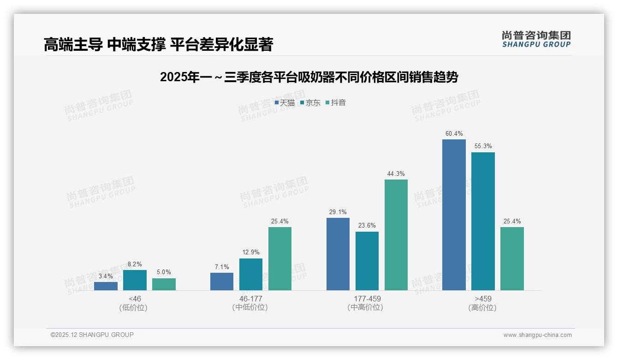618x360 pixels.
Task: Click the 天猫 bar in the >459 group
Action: click(454, 215)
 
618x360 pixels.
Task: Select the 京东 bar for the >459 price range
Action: click(483, 221)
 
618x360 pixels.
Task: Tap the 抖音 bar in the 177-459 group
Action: click(396, 234)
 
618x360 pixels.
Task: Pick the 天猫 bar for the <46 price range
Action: click(106, 286)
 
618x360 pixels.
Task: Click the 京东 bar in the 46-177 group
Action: click(251, 274)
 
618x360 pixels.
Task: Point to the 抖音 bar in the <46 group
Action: click(164, 284)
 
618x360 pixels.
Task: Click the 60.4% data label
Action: click(454, 134)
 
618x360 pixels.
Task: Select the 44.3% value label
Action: click(396, 174)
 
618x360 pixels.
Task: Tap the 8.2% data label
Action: click(135, 264)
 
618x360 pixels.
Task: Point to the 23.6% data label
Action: click(367, 226)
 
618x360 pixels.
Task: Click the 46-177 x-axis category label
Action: click(250, 299)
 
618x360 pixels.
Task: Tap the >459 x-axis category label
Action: click(482, 299)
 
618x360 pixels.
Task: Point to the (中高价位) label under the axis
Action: click(367, 307)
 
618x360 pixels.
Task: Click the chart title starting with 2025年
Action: click(309, 77)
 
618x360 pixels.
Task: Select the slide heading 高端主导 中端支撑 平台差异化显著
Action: click(158, 44)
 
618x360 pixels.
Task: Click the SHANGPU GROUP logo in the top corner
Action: click(536, 39)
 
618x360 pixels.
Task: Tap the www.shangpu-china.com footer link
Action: click(537, 335)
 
